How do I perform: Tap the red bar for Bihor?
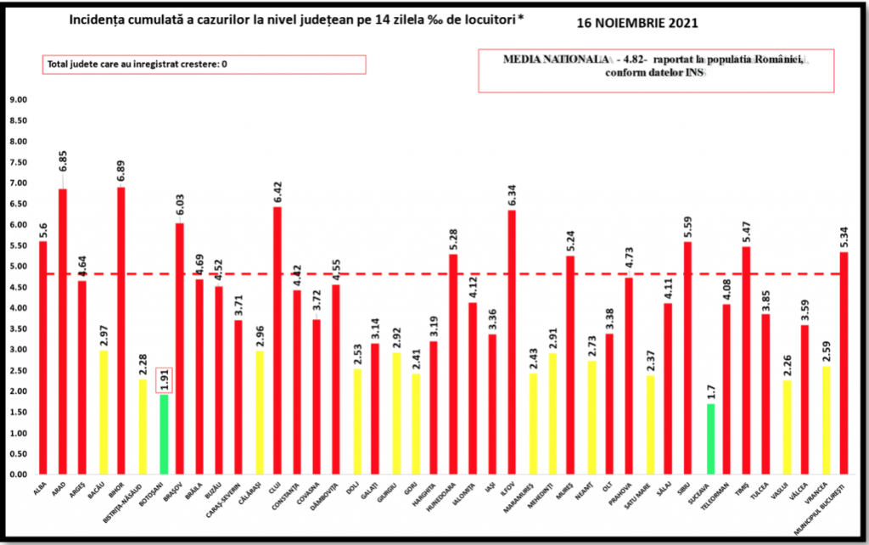(121, 331)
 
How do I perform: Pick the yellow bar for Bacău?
(102, 412)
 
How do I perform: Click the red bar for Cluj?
(278, 340)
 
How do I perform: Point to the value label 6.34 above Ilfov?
(512, 190)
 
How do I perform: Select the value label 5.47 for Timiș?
(746, 228)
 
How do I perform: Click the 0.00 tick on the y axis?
(17, 474)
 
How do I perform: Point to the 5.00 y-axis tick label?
(17, 266)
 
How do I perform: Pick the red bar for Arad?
(63, 331)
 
